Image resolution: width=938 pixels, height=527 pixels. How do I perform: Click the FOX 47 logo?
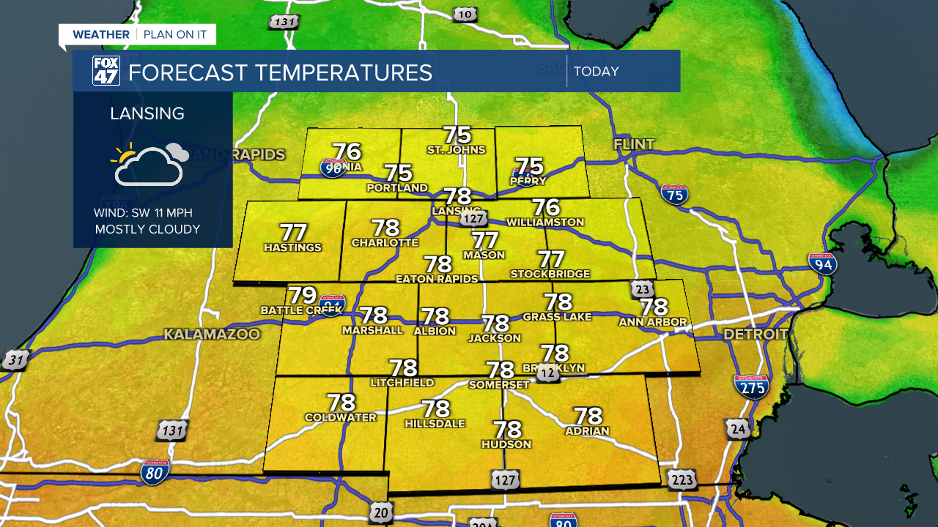106,71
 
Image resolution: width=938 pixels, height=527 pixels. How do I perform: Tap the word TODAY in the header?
597,72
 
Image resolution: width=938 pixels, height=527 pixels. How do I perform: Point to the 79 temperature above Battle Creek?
302,295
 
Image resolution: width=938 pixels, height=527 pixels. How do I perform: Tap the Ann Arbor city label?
653,321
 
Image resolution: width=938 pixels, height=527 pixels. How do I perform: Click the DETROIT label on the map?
756,334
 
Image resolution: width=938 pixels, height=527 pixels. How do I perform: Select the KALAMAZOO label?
212,334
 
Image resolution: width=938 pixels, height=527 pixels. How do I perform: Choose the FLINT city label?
634,144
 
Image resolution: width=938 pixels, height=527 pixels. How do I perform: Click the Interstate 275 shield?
751,386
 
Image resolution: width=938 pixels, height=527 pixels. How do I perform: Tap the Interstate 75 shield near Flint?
674,194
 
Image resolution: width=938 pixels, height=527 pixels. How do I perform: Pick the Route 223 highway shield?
682,479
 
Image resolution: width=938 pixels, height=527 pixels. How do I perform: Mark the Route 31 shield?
14,359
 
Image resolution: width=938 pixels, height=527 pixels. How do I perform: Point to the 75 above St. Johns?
457,135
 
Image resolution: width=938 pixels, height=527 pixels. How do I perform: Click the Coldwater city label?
341,417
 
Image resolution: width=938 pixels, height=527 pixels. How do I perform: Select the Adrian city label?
587,430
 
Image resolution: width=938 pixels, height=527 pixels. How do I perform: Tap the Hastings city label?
292,247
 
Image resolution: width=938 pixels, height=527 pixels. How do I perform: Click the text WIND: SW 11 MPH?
143,213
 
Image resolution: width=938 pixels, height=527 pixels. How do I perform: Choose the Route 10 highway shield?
465,14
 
